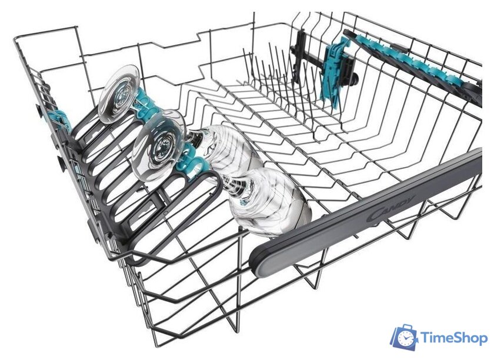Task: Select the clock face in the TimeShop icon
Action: [404, 339]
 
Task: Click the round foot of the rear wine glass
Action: [119, 94]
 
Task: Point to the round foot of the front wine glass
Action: [158, 145]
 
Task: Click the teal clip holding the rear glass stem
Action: [148, 104]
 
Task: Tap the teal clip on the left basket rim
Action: [59, 119]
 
